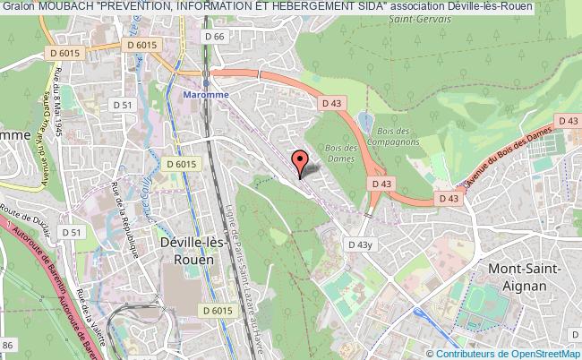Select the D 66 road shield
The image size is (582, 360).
coord(212,36)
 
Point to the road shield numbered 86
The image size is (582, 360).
coord(10,344)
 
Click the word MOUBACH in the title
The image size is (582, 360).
coord(68,6)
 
